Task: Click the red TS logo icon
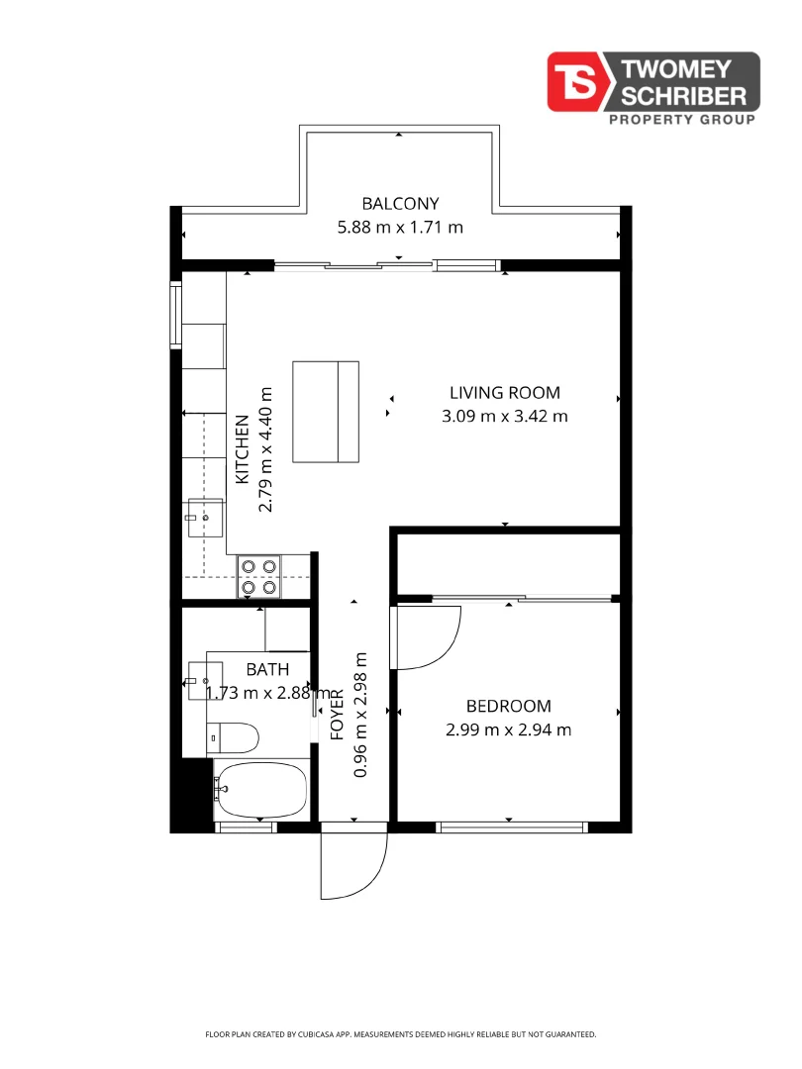(578, 81)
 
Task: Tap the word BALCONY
(400, 204)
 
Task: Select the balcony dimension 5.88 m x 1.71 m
(400, 227)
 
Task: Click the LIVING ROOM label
(504, 393)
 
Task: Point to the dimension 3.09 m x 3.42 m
(504, 416)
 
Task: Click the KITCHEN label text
(242, 449)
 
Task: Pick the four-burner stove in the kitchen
(259, 577)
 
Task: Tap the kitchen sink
(206, 517)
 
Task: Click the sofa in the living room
(326, 412)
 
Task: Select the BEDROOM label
(508, 706)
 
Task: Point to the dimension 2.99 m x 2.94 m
(508, 730)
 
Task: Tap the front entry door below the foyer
(354, 863)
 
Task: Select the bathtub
(262, 789)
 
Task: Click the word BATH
(267, 670)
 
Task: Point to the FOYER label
(337, 714)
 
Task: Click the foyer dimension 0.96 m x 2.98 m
(361, 714)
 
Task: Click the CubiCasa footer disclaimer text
(400, 1034)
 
